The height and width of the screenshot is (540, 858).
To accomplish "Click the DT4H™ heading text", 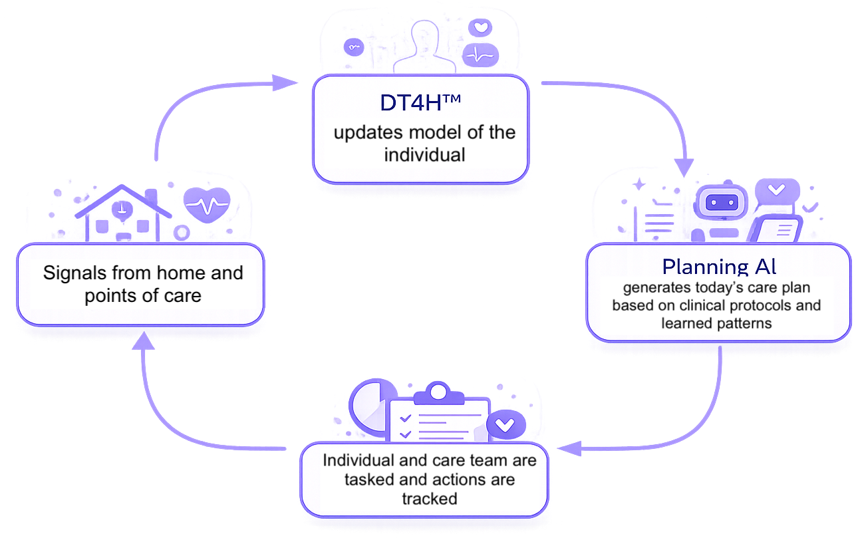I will (x=420, y=104).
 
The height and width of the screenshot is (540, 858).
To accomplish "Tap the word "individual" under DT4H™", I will (x=424, y=155).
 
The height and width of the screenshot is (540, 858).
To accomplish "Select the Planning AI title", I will (x=719, y=267).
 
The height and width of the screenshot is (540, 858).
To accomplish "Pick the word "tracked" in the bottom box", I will (x=429, y=498).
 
